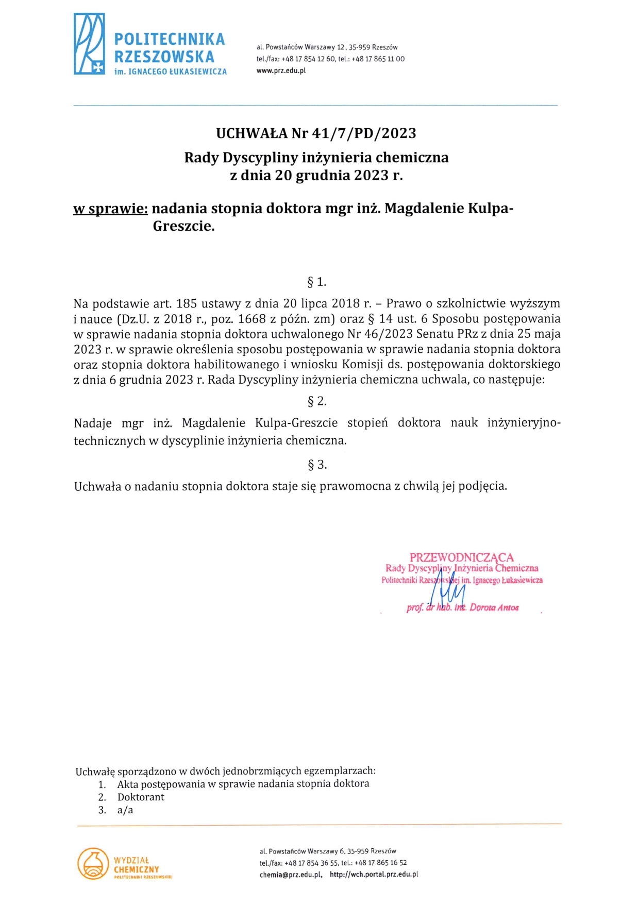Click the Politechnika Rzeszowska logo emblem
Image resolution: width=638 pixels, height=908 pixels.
(x=89, y=44)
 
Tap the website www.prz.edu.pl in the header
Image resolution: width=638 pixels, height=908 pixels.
(x=281, y=71)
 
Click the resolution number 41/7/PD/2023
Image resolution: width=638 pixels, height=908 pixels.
(x=364, y=133)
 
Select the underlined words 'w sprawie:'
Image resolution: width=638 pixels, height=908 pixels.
(x=110, y=209)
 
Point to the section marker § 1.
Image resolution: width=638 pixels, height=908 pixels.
(x=317, y=282)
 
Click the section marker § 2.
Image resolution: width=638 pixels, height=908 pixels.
(x=317, y=401)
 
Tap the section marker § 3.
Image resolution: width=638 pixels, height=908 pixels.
(x=317, y=465)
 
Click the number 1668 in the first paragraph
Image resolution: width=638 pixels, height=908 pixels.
(x=251, y=319)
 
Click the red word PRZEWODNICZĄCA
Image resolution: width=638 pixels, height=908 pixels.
(x=461, y=557)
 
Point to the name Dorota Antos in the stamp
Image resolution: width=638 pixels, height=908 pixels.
(x=494, y=608)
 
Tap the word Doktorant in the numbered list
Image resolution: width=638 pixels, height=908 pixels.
(x=141, y=797)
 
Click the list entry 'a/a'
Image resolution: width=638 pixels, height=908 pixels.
(x=125, y=810)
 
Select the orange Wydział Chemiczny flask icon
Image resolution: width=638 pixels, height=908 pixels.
(x=93, y=864)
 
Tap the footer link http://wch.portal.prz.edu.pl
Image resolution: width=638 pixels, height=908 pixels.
(x=374, y=875)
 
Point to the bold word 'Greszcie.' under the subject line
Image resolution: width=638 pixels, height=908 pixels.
(x=183, y=226)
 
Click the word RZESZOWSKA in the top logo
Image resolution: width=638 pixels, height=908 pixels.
(x=164, y=56)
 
